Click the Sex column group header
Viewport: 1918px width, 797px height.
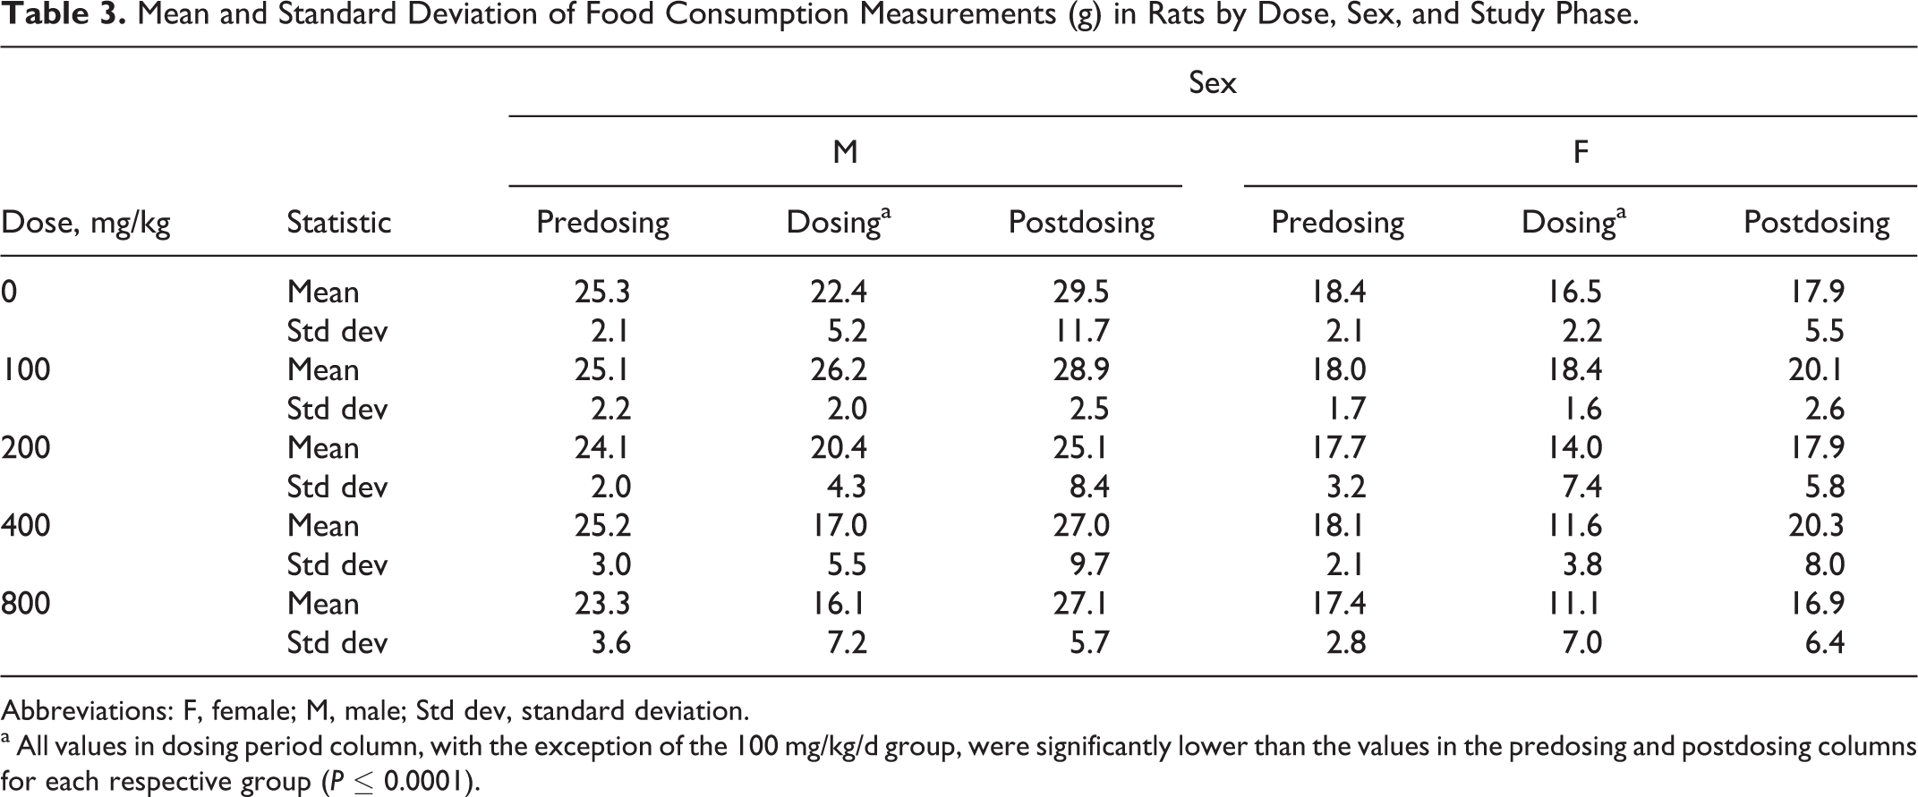[1213, 82]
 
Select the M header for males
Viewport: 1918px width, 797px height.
[845, 152]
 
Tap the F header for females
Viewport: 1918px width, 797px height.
[1581, 152]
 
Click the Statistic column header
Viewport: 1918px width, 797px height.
[339, 222]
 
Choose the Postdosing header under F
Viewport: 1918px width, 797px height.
[1817, 223]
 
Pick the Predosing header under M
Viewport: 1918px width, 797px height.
[602, 223]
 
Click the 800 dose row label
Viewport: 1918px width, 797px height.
[25, 604]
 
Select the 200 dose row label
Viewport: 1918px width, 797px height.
[25, 447]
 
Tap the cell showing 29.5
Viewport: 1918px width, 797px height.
[1081, 292]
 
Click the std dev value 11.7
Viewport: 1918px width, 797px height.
[1081, 331]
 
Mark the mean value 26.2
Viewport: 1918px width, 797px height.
[839, 369]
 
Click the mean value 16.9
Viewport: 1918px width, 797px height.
[1817, 604]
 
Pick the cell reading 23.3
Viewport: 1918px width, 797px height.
[602, 604]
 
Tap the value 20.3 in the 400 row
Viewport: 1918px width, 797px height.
[1816, 525]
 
